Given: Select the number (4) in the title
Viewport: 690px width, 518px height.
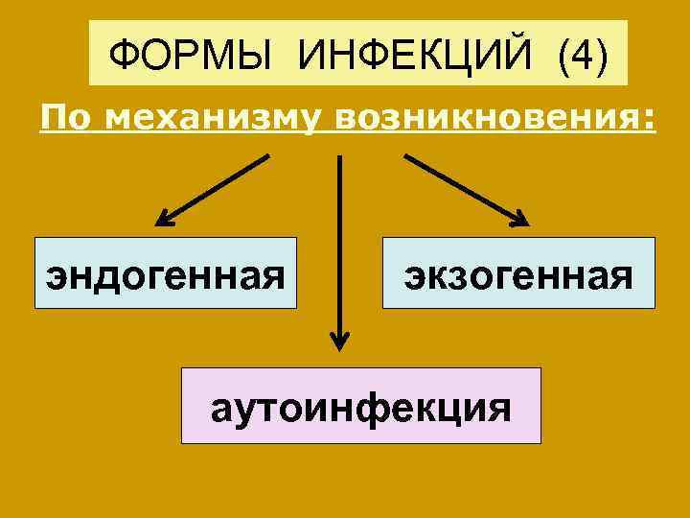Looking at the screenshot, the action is click(x=579, y=56).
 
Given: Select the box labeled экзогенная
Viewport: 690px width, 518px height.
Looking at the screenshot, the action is click(x=518, y=272).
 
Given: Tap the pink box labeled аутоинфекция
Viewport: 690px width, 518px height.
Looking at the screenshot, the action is click(x=361, y=405).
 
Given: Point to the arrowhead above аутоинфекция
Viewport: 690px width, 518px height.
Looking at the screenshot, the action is click(x=339, y=341).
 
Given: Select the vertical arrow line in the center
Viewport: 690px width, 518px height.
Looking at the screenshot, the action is click(x=339, y=240).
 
